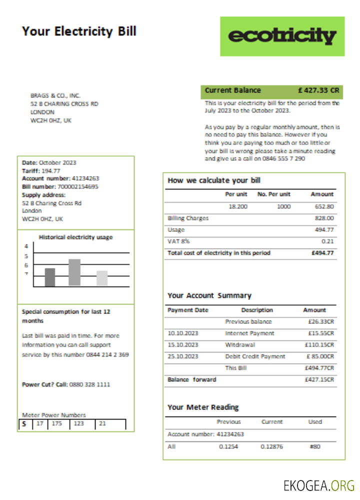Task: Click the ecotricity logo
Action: point(282,36)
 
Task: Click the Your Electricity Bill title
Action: point(79,31)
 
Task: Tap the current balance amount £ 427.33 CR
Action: point(318,90)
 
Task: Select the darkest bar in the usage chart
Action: point(50,277)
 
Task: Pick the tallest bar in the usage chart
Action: point(74,272)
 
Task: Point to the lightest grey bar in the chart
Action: point(102,278)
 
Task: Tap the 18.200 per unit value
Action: point(237,206)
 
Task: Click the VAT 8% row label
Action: point(178,241)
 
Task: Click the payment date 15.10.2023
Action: point(183,345)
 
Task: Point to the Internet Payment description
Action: point(249,333)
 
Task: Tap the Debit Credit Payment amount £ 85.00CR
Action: point(319,356)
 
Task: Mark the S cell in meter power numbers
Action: point(24,424)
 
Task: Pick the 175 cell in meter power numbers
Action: point(58,424)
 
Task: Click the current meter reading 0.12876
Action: point(271,446)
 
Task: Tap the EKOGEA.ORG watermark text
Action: point(318,485)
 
